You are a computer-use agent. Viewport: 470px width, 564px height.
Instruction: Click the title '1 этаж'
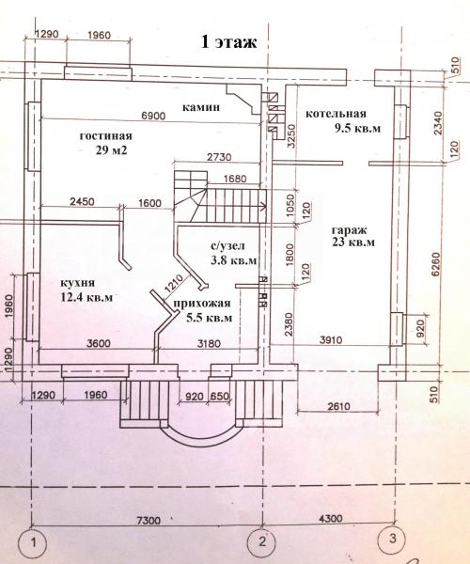coord(228,41)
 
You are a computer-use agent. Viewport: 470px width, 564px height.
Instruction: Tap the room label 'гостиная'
coord(105,136)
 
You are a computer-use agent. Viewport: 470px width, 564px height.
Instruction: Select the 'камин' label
coord(201,107)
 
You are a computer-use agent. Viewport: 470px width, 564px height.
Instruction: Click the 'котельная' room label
coord(336,114)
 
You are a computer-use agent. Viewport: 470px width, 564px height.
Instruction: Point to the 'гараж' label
coord(349,230)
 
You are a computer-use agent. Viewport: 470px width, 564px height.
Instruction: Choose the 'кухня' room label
coord(78,283)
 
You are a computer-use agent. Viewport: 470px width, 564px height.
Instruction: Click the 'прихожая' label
coord(202,304)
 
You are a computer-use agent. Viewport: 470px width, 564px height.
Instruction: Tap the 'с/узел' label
coord(227,245)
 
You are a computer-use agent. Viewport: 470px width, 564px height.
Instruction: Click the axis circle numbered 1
coord(34,542)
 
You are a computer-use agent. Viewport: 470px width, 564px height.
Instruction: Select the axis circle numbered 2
coord(262,541)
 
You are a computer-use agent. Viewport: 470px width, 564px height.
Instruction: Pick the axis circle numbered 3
coord(392,539)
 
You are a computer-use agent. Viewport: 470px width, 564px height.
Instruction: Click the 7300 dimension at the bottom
coord(149,520)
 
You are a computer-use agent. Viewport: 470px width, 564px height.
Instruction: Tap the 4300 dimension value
coord(330,518)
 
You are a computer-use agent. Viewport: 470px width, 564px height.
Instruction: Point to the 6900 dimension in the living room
coord(153,116)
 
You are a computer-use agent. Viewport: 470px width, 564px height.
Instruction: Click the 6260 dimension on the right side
coord(436,264)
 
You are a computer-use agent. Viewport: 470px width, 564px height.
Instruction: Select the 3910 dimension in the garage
coord(331,339)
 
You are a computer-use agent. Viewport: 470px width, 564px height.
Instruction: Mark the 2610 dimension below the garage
coord(338,406)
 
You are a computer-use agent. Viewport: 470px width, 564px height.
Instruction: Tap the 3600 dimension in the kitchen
coord(99,343)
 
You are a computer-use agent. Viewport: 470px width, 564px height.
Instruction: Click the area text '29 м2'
coord(112,149)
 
